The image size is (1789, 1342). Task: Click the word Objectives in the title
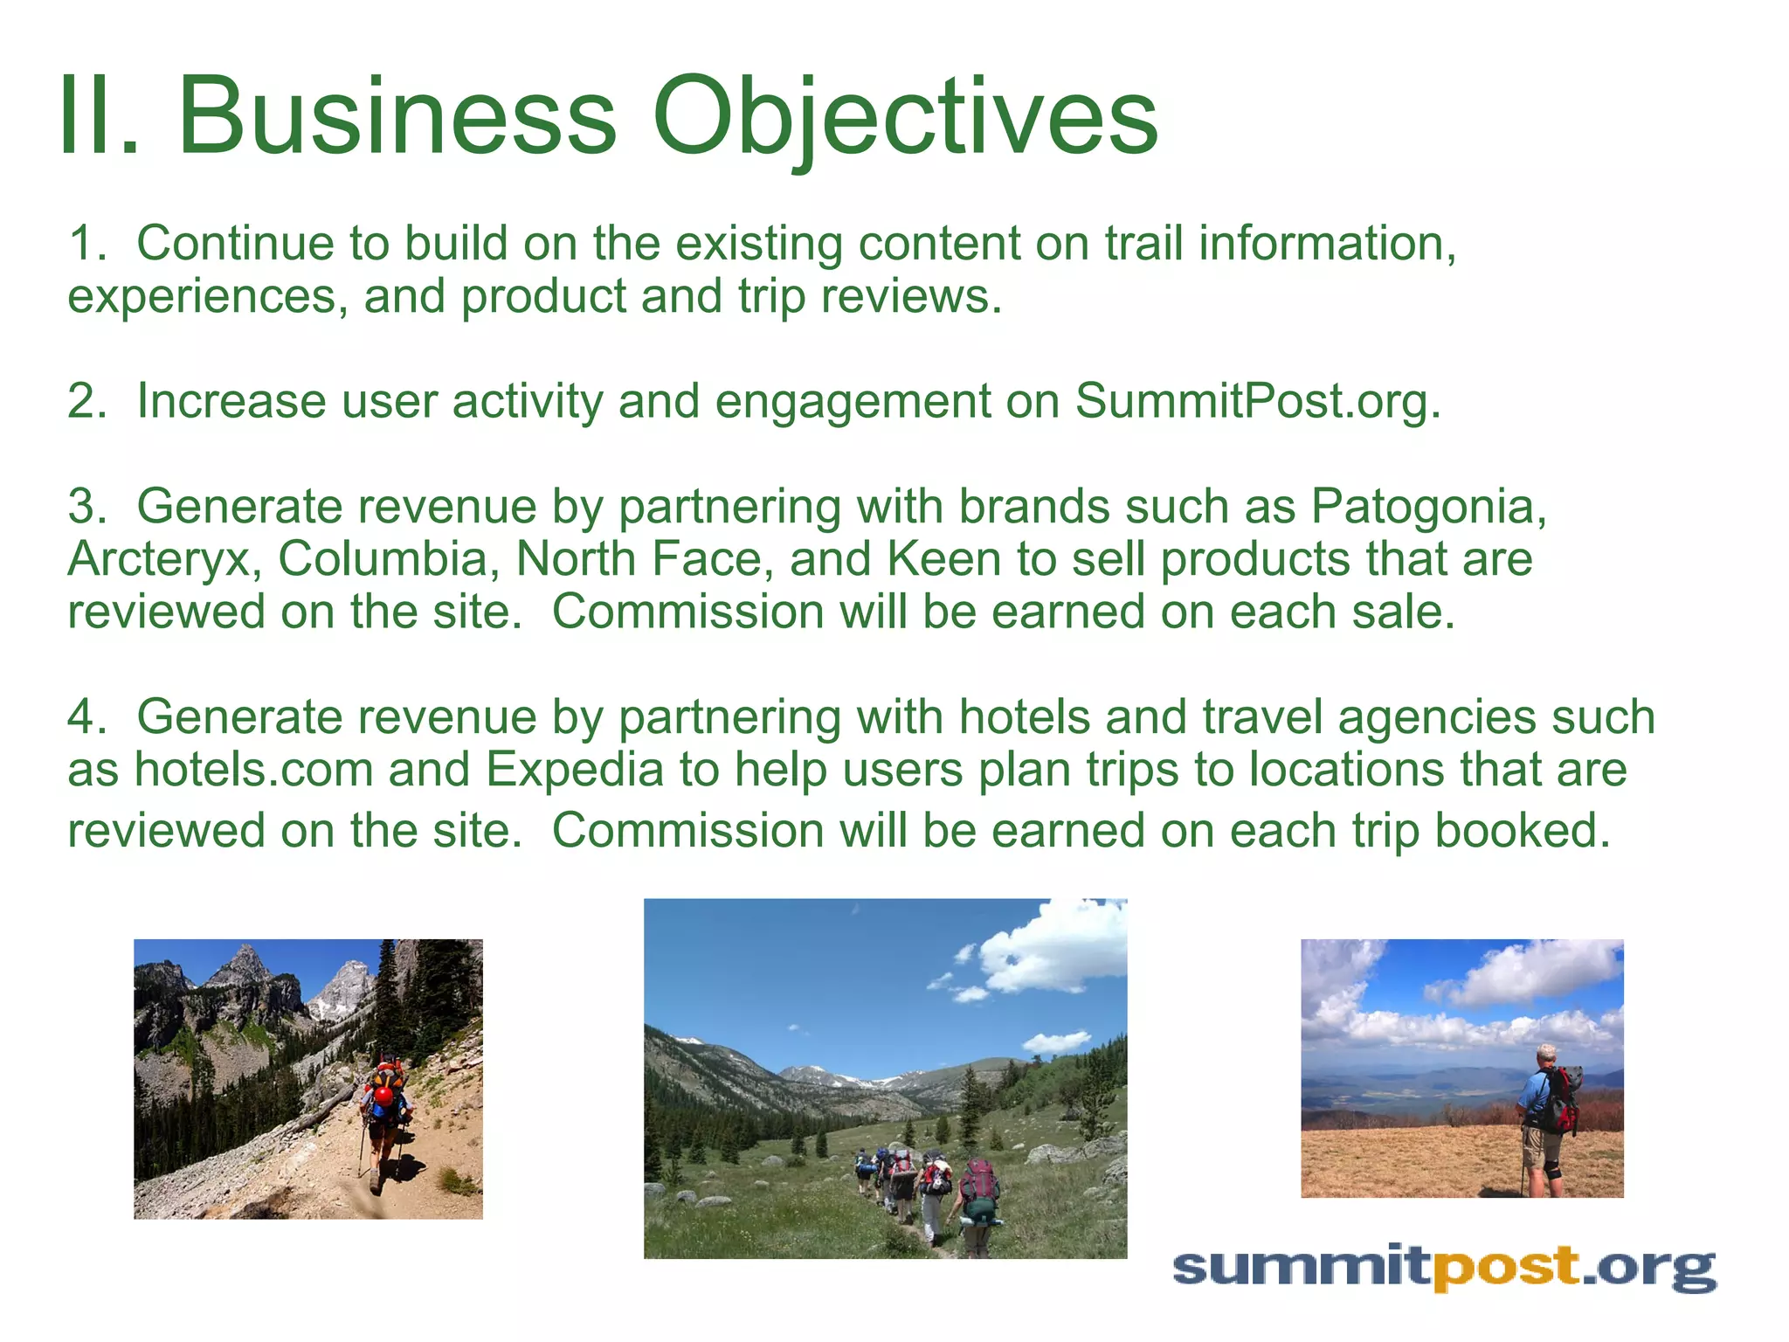[904, 118]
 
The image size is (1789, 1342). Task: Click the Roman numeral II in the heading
[96, 118]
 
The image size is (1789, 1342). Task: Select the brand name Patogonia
[1427, 507]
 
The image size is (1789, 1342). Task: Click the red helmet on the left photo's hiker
[383, 1096]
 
